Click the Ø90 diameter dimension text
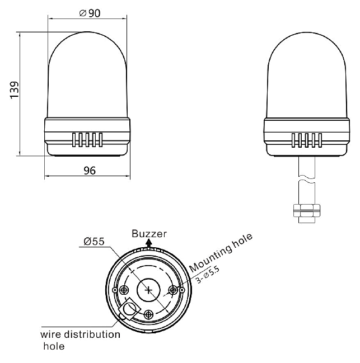[90, 13]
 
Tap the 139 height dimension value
[15, 89]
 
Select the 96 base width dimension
[90, 171]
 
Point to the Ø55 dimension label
[94, 242]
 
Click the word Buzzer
[149, 234]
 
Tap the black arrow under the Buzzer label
[149, 244]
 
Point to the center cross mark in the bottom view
[148, 290]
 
